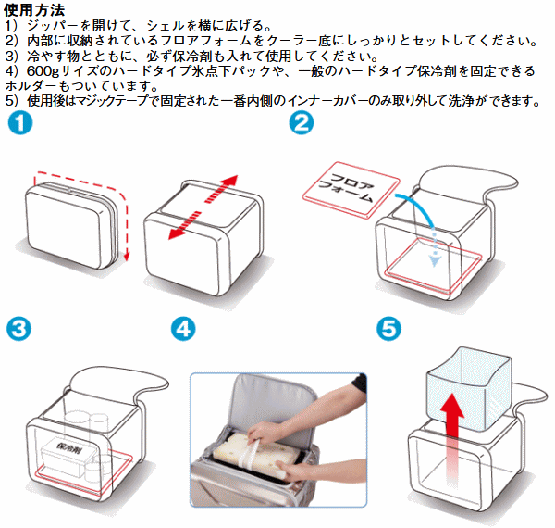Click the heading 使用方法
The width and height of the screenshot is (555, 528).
coord(33,9)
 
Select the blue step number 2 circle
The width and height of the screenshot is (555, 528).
coord(301,124)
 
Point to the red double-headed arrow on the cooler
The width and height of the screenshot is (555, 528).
coord(203,208)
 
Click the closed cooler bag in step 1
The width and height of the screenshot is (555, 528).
coord(74,222)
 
